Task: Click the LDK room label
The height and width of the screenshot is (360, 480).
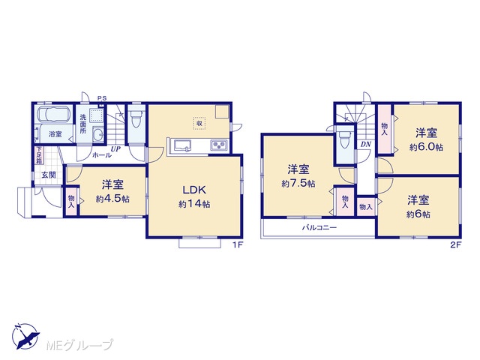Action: (x=194, y=190)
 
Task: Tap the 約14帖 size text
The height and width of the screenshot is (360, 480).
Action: (x=194, y=204)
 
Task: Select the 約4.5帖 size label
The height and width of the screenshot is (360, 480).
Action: (x=112, y=199)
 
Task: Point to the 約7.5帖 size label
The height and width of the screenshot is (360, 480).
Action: (x=298, y=184)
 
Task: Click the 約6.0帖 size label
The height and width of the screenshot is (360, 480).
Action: (x=427, y=147)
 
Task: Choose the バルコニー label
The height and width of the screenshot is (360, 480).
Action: (x=319, y=227)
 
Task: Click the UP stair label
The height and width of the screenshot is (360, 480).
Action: (x=115, y=149)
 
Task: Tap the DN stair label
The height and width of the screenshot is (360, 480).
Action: (x=365, y=144)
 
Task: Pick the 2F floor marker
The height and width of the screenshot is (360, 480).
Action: (x=455, y=244)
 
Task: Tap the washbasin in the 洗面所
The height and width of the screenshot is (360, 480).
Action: (x=98, y=135)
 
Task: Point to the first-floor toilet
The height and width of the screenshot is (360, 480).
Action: (x=136, y=119)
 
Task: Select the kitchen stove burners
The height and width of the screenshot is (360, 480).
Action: (x=219, y=145)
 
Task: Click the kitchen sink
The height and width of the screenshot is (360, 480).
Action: (x=182, y=145)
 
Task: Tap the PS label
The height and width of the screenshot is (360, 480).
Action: (x=102, y=98)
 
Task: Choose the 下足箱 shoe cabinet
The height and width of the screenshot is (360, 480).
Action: (x=39, y=155)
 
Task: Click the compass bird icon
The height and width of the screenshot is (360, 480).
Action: (x=26, y=337)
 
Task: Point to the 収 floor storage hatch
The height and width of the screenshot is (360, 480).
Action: (x=199, y=123)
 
